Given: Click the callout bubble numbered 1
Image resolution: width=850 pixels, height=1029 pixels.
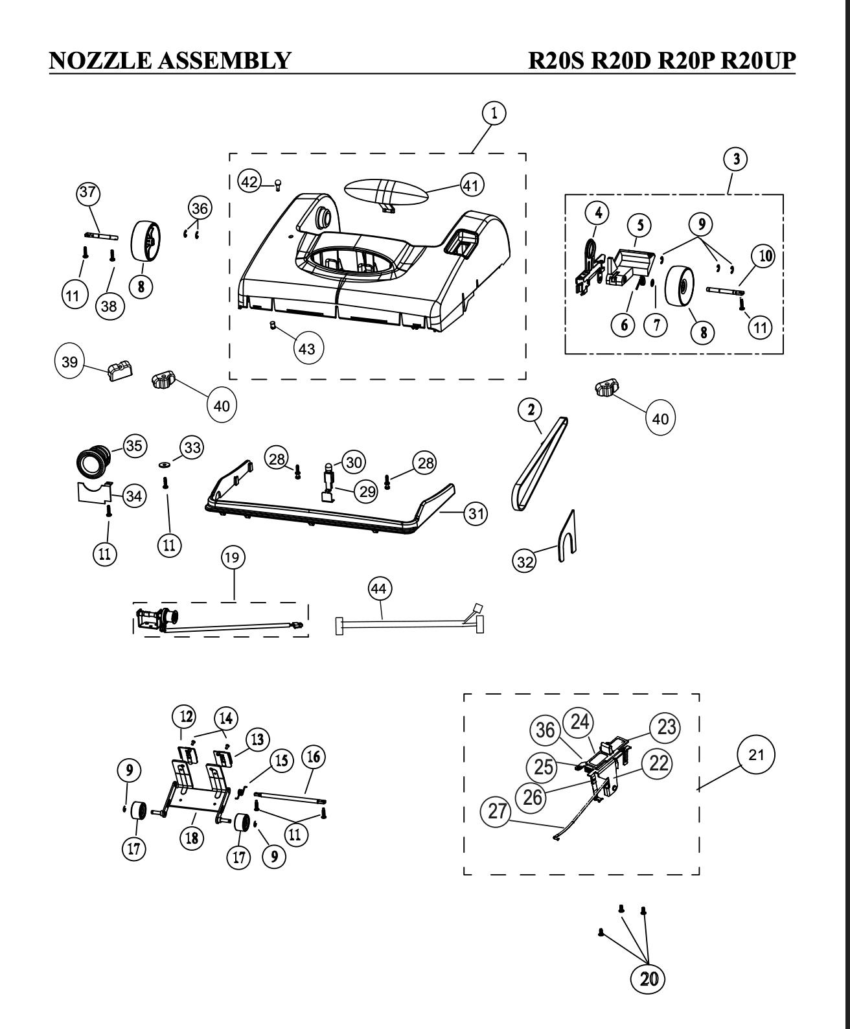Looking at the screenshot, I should click(x=494, y=113).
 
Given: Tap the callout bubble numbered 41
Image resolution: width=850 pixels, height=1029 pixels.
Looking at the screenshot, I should click(x=472, y=185).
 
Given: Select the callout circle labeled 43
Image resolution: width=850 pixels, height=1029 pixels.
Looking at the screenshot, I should click(x=306, y=349).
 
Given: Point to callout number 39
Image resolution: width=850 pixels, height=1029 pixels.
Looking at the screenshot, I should click(x=69, y=362).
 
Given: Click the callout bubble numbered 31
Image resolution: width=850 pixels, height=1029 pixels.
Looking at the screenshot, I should click(x=476, y=514).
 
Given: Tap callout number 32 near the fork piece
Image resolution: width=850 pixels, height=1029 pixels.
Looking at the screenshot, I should click(x=525, y=562).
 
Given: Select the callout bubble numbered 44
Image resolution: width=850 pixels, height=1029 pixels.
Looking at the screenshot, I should click(x=380, y=588).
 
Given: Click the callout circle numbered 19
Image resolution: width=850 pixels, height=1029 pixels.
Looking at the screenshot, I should click(x=234, y=557).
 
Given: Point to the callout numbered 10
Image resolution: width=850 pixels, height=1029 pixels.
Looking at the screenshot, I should click(x=766, y=256).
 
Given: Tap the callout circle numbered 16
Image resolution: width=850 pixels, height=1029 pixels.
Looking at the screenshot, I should click(x=314, y=757).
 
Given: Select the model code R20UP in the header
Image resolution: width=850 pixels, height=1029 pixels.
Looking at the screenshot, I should click(x=757, y=60).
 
